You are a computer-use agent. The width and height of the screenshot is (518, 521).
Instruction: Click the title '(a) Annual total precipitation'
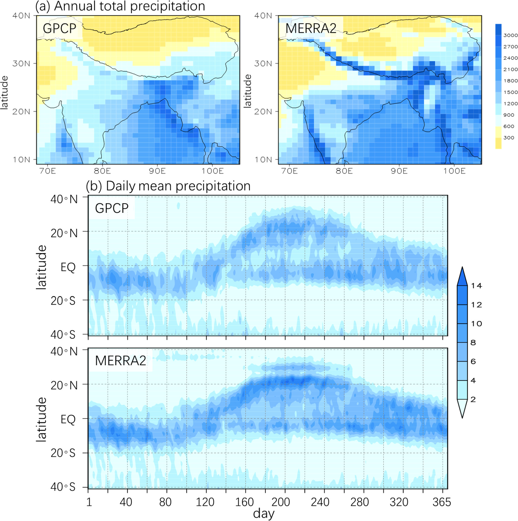point(120,6)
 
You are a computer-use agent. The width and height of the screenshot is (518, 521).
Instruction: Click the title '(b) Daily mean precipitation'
point(168,186)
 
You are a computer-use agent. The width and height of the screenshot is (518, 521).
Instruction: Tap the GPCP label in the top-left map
point(60,28)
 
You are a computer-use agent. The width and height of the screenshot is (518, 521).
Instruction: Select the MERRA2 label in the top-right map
point(311,28)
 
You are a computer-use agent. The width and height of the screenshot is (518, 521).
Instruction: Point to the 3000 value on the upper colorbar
point(510,35)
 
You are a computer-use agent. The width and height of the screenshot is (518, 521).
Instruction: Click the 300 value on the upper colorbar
point(509,138)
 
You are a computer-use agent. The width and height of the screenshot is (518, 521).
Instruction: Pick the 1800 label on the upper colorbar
point(510,81)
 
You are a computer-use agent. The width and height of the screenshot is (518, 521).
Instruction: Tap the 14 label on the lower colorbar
point(476,286)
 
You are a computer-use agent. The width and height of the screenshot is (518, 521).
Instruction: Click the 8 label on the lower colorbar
point(473,343)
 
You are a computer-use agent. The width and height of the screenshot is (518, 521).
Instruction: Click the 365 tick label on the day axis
point(442,502)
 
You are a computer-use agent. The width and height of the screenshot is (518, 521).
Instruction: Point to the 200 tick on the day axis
point(281,502)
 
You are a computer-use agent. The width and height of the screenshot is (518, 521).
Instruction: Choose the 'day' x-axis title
point(264,513)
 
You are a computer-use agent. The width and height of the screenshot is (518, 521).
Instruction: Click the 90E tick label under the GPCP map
point(157,171)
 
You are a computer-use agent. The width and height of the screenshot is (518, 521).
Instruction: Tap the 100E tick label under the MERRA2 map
point(454,171)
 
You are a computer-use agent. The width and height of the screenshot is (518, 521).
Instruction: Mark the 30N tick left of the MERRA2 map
point(263,63)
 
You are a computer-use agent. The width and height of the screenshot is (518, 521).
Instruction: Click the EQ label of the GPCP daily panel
point(68,267)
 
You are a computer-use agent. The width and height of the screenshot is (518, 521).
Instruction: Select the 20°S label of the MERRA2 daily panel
point(63,453)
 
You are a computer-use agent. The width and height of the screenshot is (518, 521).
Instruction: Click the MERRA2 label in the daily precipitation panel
point(121,361)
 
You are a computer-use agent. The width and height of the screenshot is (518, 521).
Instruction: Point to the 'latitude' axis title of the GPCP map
point(4,92)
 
